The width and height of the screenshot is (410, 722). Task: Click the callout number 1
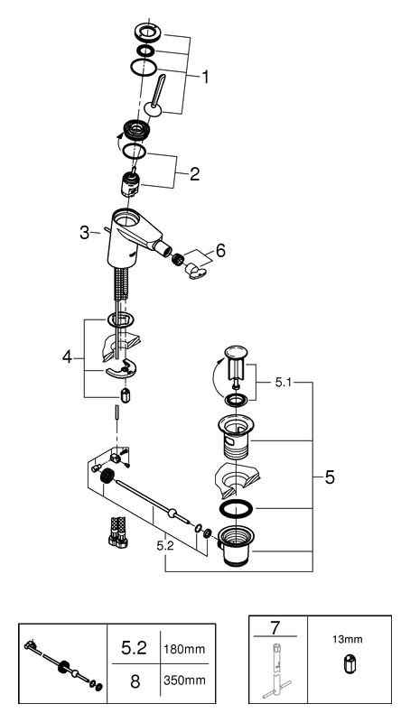[x=205, y=77]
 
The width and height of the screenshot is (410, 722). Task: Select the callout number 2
[x=194, y=174]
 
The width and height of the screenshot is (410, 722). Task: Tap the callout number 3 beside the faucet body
[x=84, y=233]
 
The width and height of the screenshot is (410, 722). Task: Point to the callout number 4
[x=67, y=356]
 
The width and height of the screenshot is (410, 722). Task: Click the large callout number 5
[x=330, y=477]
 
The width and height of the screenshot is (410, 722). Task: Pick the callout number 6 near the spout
[x=220, y=252]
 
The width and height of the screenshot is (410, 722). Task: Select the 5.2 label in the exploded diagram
[x=165, y=546]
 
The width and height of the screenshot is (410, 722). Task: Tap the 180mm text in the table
[x=184, y=649]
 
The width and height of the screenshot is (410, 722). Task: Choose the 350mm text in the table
[x=184, y=680]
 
